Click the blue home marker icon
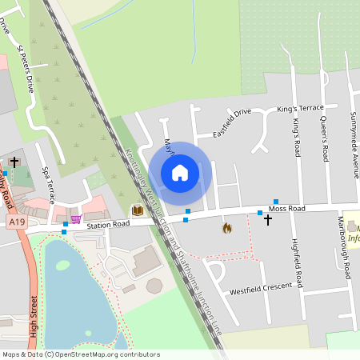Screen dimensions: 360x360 [x=180, y=172]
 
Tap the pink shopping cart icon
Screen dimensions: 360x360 [x=76, y=218]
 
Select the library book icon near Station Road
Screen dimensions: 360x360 [x=138, y=210]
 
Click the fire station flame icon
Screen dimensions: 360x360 [x=226, y=228]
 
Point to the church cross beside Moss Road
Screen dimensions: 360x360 [x=268, y=218]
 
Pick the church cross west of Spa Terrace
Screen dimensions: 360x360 [x=14, y=162]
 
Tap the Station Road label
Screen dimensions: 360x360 [x=109, y=225]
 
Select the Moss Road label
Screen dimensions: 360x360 [x=286, y=209]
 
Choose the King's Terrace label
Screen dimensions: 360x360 [x=300, y=108]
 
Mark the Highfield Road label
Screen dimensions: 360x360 [x=297, y=263]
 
